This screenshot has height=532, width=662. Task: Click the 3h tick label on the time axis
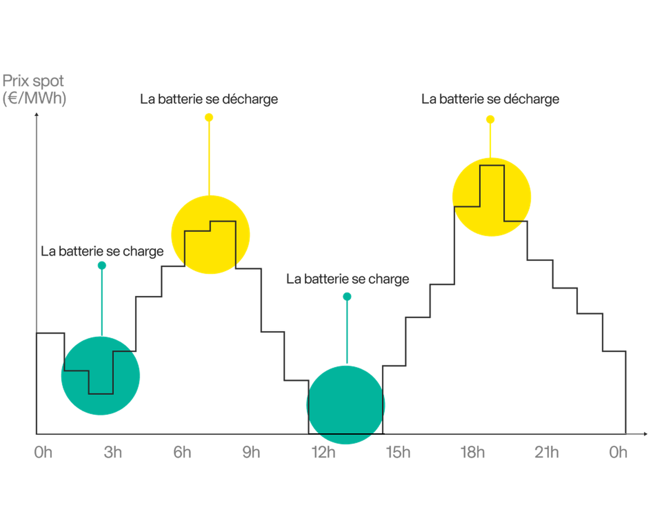(113, 452)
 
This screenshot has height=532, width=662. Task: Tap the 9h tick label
(251, 452)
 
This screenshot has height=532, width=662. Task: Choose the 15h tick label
(398, 452)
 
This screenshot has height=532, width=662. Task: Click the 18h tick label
(473, 452)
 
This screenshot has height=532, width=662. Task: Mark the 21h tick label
(546, 452)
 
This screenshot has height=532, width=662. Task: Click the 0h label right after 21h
(618, 452)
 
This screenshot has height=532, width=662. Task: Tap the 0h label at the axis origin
(43, 452)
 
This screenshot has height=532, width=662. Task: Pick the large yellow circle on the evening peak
(492, 197)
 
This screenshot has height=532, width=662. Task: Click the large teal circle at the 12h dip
(346, 405)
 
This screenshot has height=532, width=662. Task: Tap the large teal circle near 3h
(100, 376)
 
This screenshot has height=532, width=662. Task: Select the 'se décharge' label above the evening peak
(490, 99)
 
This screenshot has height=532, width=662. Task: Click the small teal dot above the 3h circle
(102, 265)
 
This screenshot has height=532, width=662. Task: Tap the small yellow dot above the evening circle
(490, 119)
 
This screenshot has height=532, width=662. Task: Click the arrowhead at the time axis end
(646, 434)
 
